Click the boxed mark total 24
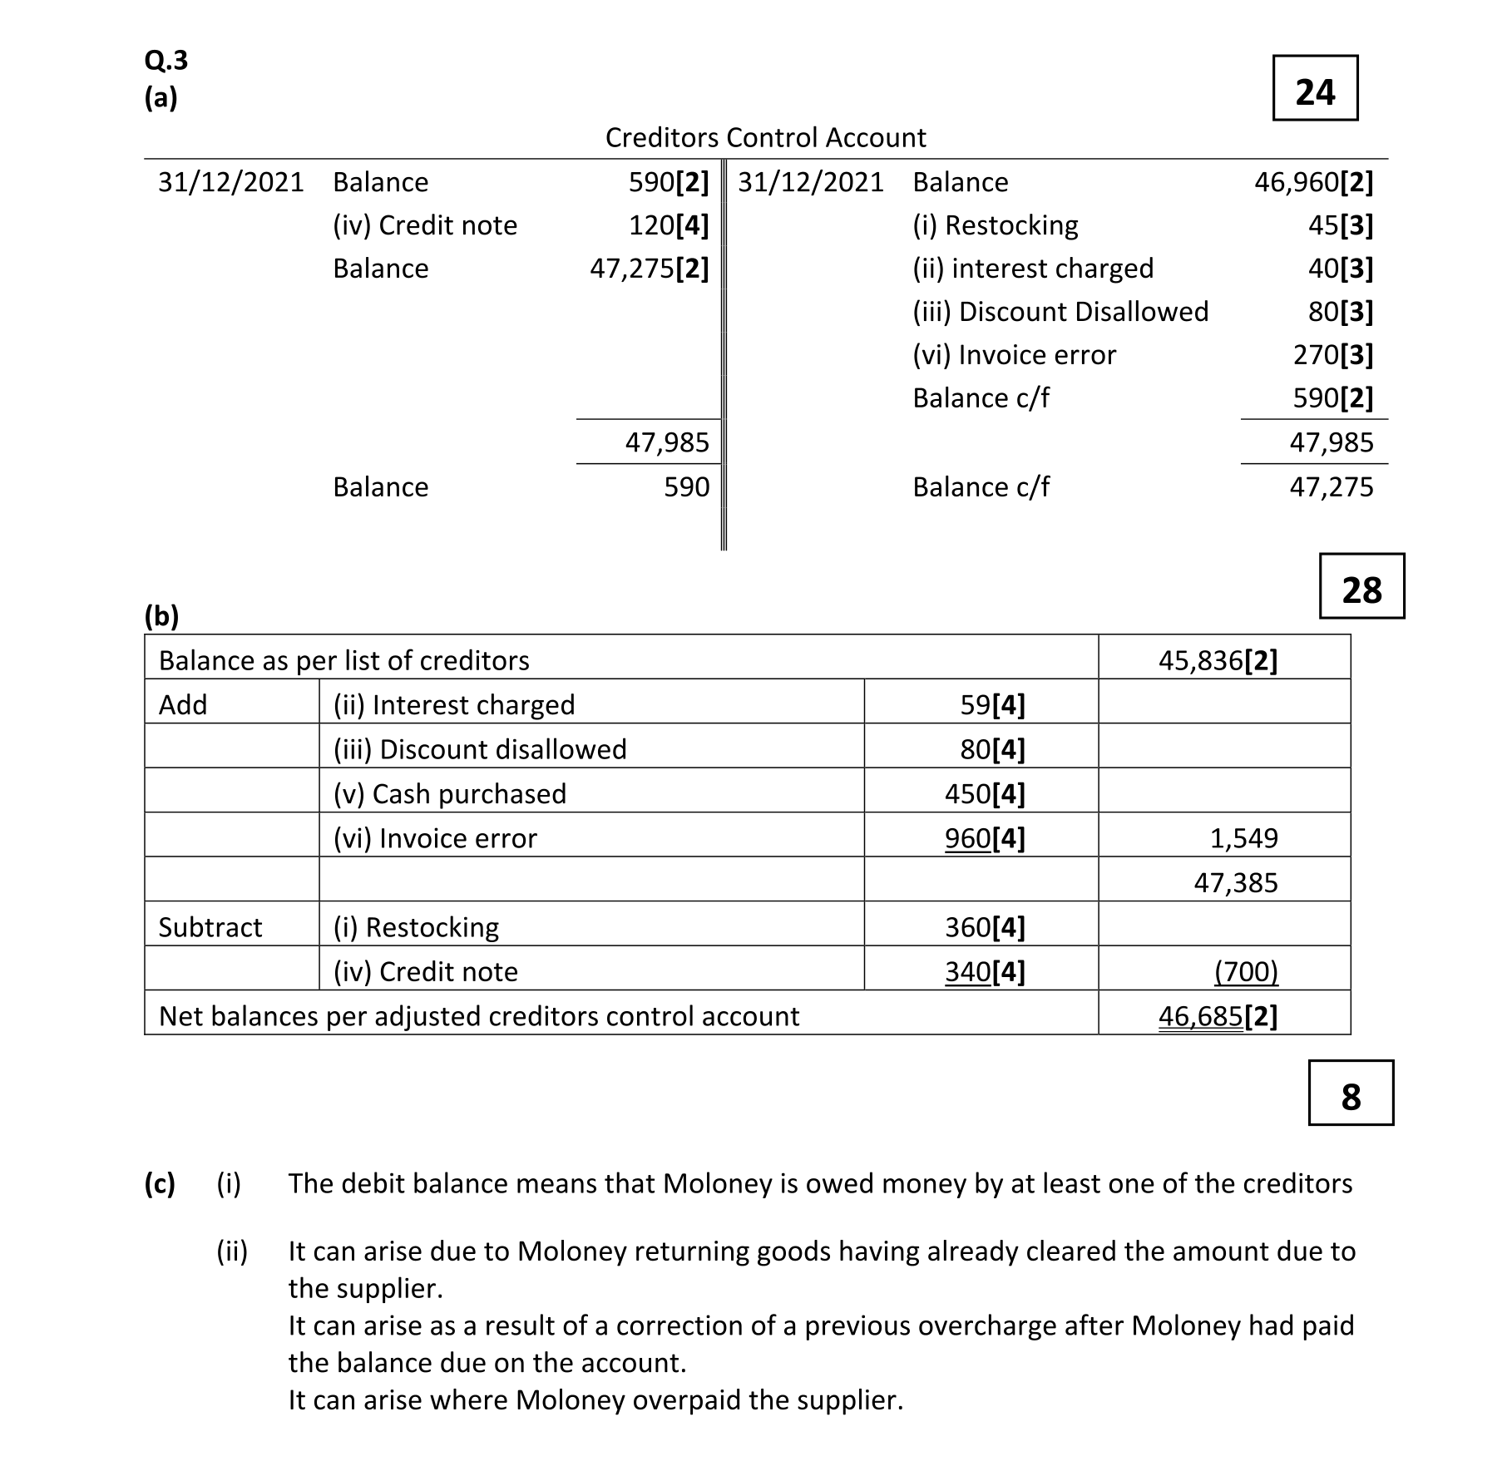[1314, 89]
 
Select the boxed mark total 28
[1361, 587]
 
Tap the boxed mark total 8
[1350, 1093]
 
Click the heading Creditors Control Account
[765, 137]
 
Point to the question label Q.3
[166, 60]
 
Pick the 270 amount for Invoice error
[1316, 355]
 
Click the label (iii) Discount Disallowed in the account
[1060, 312]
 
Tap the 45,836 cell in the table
[1218, 660]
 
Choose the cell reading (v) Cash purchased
[449, 794]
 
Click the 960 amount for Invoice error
[967, 838]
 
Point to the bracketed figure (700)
[1245, 971]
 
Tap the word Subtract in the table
[210, 927]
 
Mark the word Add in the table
[183, 705]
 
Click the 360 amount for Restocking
[968, 927]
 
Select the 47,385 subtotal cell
[1235, 883]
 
